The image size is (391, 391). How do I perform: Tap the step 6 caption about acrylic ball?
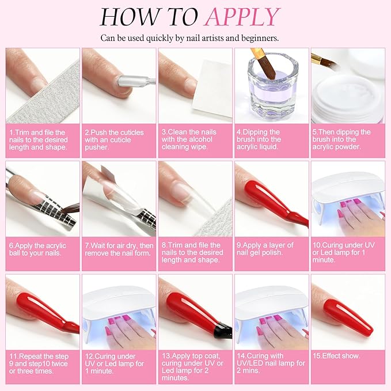(x=38, y=249)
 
